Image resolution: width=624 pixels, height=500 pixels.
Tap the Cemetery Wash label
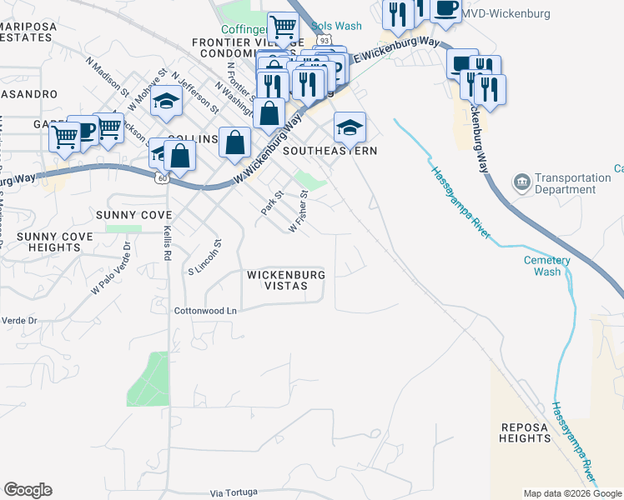click(x=547, y=266)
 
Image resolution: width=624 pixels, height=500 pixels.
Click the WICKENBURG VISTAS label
click(x=285, y=280)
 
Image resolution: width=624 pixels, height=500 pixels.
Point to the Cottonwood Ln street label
click(x=206, y=311)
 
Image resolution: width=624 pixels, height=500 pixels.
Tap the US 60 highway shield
click(x=160, y=177)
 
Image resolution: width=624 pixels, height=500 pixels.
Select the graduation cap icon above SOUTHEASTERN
click(x=350, y=127)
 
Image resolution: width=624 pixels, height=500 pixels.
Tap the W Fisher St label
click(x=299, y=212)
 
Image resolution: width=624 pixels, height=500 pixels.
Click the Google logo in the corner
click(x=28, y=490)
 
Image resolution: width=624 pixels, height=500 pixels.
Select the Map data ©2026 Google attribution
click(x=572, y=494)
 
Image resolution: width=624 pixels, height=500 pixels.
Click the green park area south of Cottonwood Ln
click(x=147, y=378)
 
